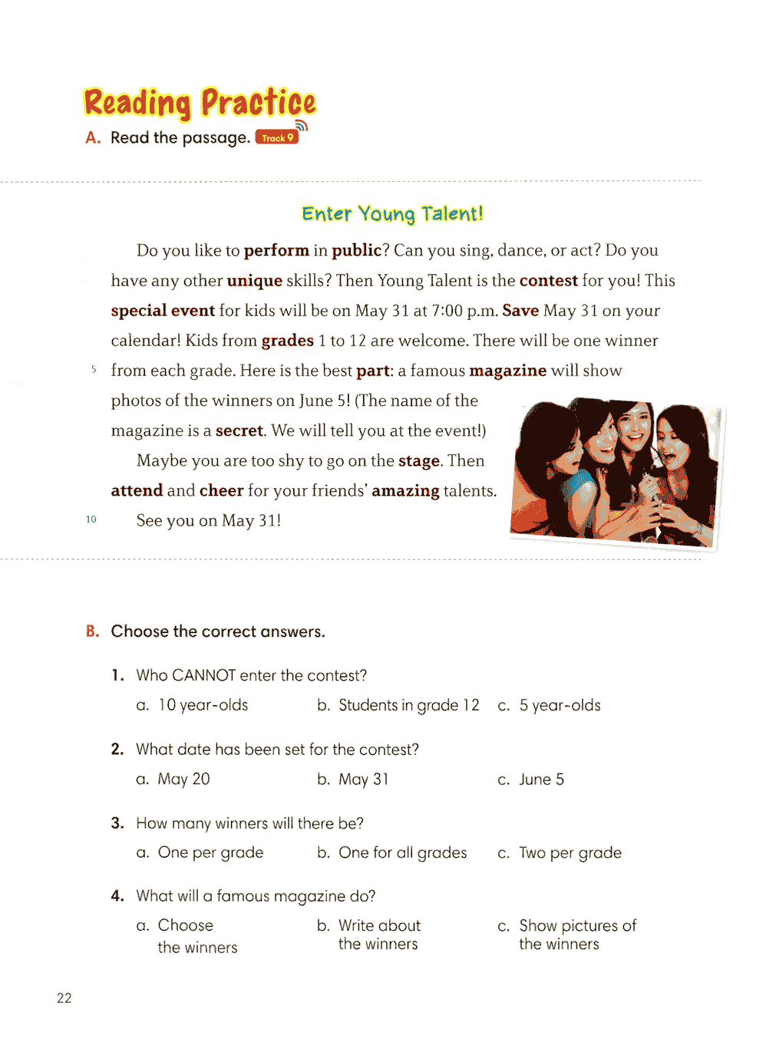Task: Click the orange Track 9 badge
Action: click(277, 138)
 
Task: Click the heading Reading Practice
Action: click(200, 103)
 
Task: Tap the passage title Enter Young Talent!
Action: click(392, 213)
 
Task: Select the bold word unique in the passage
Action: click(254, 281)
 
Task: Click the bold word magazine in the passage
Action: click(507, 371)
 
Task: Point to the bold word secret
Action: click(239, 430)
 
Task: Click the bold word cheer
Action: click(221, 490)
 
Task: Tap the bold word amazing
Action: click(405, 490)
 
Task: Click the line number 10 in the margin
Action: click(91, 519)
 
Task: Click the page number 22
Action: click(64, 997)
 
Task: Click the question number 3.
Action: click(117, 823)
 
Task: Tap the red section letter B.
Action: click(93, 631)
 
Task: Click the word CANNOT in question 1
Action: click(203, 675)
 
